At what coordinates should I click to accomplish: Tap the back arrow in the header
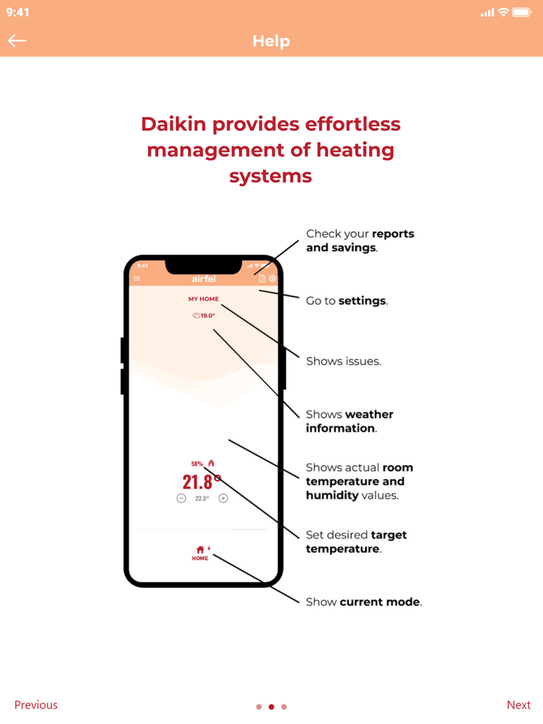pyautogui.click(x=17, y=41)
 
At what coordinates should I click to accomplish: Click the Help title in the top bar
pyautogui.click(x=271, y=41)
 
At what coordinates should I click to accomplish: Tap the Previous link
pyautogui.click(x=36, y=705)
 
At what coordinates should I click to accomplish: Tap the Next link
pyautogui.click(x=518, y=705)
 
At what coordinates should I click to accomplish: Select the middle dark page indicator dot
pyautogui.click(x=271, y=707)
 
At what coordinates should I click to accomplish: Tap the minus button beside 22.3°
pyautogui.click(x=182, y=498)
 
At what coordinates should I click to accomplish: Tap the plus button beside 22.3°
pyautogui.click(x=223, y=498)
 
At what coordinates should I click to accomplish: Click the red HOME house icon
pyautogui.click(x=200, y=550)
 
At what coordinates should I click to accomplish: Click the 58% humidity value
pyautogui.click(x=197, y=464)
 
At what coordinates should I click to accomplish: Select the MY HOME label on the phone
pyautogui.click(x=203, y=298)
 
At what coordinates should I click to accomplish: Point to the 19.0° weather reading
pyautogui.click(x=204, y=315)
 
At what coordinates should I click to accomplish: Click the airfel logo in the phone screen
pyautogui.click(x=203, y=279)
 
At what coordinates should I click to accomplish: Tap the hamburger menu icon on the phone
pyautogui.click(x=137, y=279)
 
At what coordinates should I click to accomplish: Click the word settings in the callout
pyautogui.click(x=362, y=301)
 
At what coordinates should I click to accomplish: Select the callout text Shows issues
pyautogui.click(x=343, y=361)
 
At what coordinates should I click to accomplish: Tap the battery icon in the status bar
pyautogui.click(x=521, y=12)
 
